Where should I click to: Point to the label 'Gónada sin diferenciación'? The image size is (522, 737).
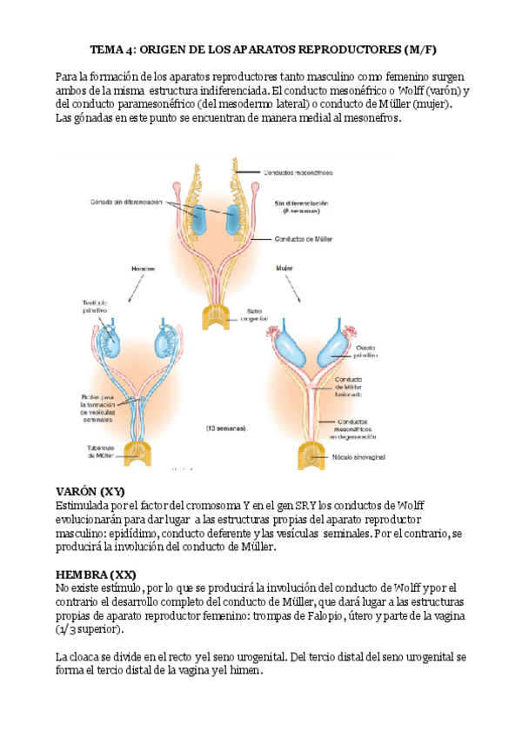[x=125, y=202]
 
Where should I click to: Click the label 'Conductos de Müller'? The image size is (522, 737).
[x=303, y=239]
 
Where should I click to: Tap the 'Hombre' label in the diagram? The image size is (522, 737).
[x=142, y=269]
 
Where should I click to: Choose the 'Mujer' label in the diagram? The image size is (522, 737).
[x=285, y=269]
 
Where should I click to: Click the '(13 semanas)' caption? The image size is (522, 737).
[x=226, y=428]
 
